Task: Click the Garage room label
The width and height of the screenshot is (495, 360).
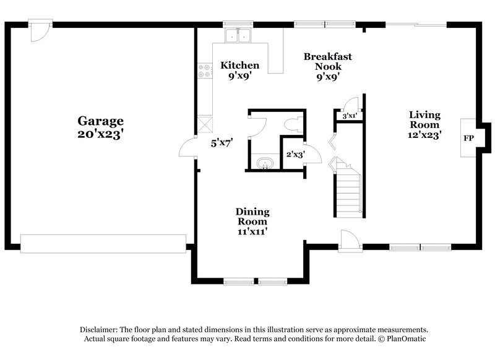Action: pos(100,121)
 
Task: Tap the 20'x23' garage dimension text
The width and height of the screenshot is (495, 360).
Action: pos(100,134)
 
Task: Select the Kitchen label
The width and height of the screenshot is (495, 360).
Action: pos(240,66)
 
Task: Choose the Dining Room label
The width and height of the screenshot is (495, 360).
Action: pos(252,216)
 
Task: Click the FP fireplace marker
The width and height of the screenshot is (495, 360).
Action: pos(468,138)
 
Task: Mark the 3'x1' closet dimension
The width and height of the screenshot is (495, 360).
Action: pos(350,116)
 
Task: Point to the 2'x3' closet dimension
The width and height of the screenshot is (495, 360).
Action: pos(295,155)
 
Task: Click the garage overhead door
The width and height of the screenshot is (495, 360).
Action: pos(103,243)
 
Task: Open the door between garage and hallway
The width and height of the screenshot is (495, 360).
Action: pos(187,148)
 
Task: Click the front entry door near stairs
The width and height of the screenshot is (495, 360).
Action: pos(349,240)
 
